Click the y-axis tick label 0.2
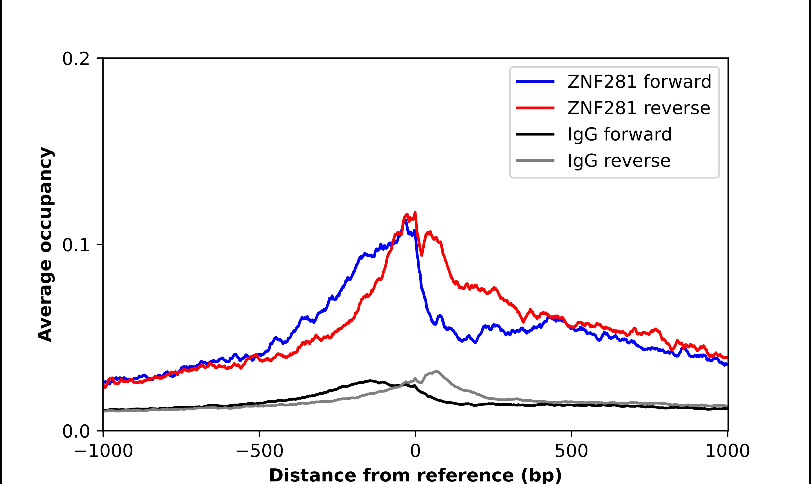coord(76,59)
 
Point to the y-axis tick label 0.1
coord(76,245)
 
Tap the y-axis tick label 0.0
coord(76,431)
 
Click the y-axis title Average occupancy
coord(45,244)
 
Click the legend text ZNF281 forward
coord(639,82)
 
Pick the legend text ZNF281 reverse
coord(638,108)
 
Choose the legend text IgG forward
coord(619,134)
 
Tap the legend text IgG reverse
coord(619,161)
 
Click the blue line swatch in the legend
coord(535,82)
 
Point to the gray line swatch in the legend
coord(535,160)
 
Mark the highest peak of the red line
coord(415,212)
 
